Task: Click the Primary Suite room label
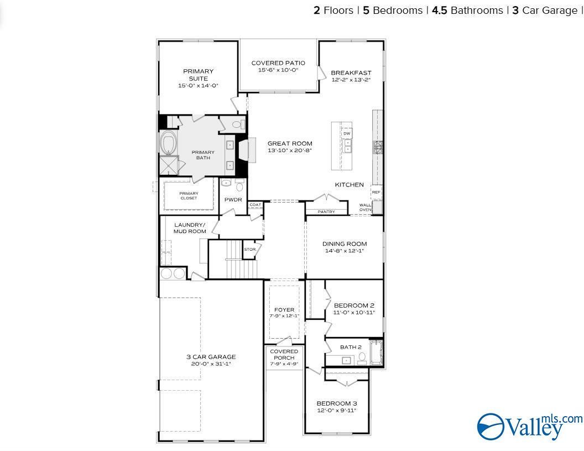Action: (198, 75)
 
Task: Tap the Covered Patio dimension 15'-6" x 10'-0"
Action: (278, 70)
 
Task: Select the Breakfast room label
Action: (351, 72)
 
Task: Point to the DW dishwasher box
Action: (347, 133)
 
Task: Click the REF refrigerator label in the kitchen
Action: (376, 193)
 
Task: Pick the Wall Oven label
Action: (365, 207)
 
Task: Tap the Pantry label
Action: (326, 212)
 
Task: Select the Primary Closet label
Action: (189, 196)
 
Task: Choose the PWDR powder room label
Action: (233, 200)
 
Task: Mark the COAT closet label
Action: (255, 205)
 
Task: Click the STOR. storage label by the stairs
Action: (250, 250)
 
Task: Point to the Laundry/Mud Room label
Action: (190, 228)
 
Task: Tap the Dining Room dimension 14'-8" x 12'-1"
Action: (345, 251)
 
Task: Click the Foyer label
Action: (284, 310)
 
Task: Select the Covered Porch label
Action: (284, 355)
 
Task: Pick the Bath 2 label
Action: (351, 347)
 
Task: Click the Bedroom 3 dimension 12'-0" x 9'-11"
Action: (337, 411)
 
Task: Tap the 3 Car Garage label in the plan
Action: (211, 357)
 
